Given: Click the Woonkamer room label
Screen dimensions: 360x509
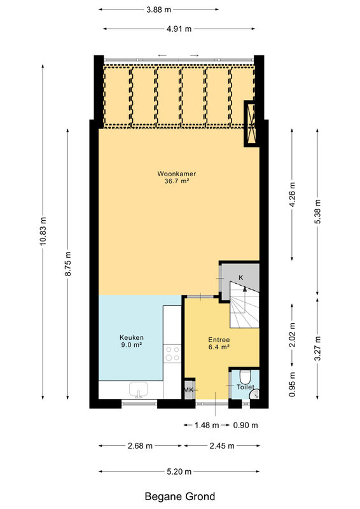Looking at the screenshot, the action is pos(177,174).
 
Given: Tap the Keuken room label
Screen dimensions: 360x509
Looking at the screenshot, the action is pos(132,338).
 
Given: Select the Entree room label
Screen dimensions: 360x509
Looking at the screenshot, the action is pos(219,340).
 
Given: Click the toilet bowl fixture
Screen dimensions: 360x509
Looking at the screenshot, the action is pos(245,376).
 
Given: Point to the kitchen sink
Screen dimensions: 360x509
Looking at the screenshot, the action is pos(139,389).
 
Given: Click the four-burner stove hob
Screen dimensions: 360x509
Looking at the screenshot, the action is pos(172,354).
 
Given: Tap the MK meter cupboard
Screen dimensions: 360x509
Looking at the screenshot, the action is pos(189,389).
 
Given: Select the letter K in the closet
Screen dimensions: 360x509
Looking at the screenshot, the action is pos(241,277).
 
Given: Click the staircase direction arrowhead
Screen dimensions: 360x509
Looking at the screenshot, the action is pos(245,289).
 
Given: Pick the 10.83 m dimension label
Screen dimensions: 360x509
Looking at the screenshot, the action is pos(43,231).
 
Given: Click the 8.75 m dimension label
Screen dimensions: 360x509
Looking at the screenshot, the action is pos(68,263).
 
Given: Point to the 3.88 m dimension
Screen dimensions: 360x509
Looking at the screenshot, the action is pos(159,10).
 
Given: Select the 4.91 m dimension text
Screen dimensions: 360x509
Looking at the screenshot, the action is pos(179,29).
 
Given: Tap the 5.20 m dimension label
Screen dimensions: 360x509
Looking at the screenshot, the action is pos(179,471).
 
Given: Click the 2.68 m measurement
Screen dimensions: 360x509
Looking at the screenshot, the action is pos(140,446).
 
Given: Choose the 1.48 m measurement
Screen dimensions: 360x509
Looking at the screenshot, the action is pos(207,425).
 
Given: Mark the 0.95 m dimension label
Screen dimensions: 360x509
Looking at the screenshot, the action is pos(292,384).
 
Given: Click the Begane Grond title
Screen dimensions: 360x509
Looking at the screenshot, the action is pos(180,497).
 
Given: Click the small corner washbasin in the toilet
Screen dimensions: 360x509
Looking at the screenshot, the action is pos(255,394).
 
